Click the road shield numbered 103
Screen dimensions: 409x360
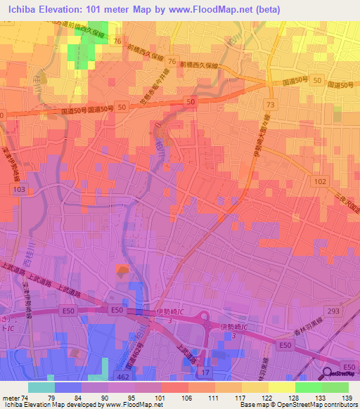(19, 190)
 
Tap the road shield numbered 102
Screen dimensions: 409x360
(321, 181)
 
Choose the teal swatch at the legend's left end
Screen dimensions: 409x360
(41, 387)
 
